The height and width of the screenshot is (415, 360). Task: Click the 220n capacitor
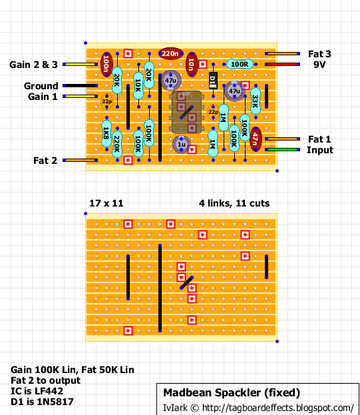point(171,54)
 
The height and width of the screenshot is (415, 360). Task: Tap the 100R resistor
point(240,65)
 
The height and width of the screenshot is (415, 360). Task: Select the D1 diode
point(213,81)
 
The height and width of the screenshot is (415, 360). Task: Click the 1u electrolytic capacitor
point(181,145)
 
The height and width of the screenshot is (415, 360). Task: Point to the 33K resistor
point(256,101)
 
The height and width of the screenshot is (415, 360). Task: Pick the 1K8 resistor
point(106,133)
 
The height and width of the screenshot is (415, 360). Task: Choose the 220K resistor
point(117,144)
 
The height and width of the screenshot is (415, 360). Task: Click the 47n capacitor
point(256,139)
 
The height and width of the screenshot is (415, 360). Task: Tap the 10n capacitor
point(192,65)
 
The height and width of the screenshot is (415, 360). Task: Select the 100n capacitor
point(106,65)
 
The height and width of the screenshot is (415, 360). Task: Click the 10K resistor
point(138,85)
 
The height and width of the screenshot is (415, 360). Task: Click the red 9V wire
point(282,65)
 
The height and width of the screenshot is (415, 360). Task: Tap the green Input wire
point(282,149)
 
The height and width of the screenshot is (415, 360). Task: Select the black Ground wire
point(80,85)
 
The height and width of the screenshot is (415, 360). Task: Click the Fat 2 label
point(45,161)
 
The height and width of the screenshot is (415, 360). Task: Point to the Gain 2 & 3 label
point(33,65)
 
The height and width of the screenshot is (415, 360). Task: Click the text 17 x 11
point(106,203)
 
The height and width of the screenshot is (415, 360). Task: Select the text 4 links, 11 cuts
point(234,203)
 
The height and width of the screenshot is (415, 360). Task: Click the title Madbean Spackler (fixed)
point(232,393)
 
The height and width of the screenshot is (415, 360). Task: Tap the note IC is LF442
point(37,391)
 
